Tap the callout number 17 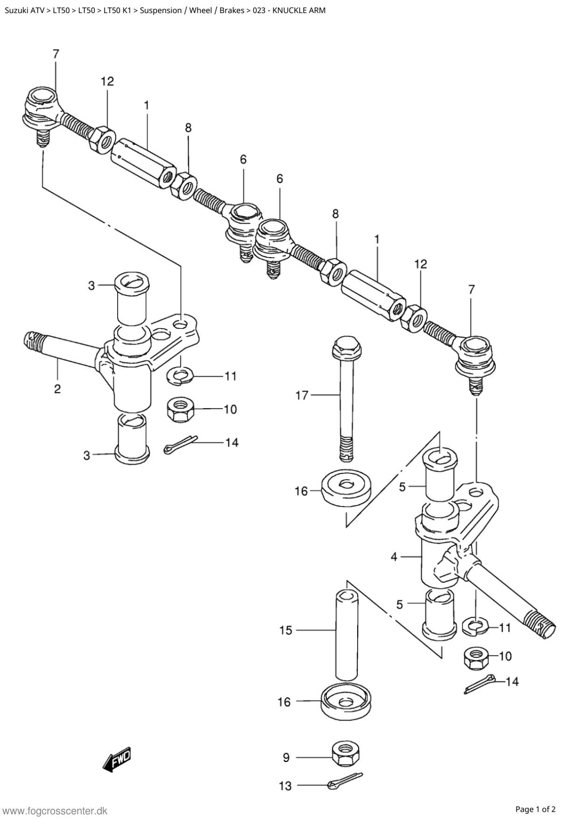click(302, 395)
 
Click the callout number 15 click(285, 630)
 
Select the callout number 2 click(57, 388)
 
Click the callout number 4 click(394, 557)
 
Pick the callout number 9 click(286, 757)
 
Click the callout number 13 click(285, 786)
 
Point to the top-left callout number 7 click(56, 54)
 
